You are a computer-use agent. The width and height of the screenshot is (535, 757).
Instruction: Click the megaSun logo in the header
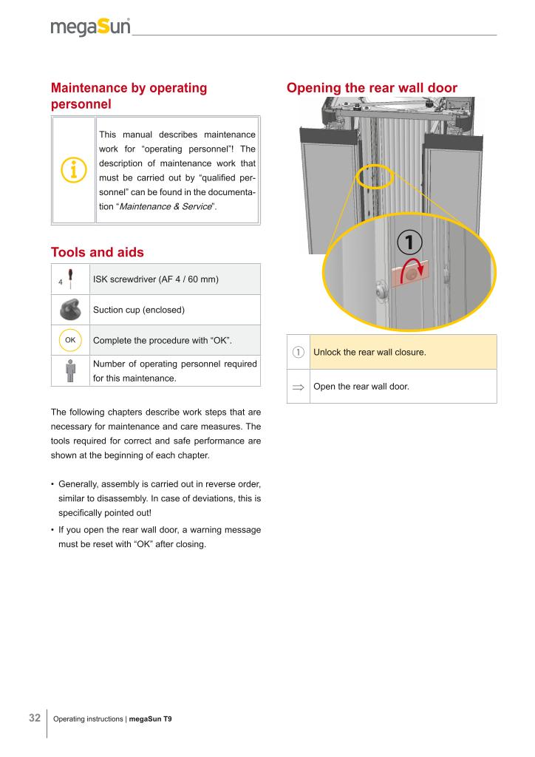click(x=90, y=27)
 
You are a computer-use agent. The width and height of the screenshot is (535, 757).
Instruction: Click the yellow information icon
click(x=74, y=170)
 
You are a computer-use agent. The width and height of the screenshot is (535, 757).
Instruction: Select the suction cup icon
click(x=71, y=309)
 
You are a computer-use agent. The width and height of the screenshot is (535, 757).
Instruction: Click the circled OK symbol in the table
click(x=71, y=341)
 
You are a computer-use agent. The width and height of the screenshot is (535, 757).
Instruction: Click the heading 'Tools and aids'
click(x=97, y=252)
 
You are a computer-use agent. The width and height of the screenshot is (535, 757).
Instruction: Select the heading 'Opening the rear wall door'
click(x=372, y=88)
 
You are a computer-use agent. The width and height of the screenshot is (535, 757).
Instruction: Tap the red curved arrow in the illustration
click(x=420, y=274)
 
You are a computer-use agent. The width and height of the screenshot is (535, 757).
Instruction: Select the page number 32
click(x=35, y=718)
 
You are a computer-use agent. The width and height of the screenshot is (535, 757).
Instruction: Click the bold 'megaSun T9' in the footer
click(x=150, y=719)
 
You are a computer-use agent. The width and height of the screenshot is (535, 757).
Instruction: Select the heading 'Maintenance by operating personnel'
click(x=129, y=96)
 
